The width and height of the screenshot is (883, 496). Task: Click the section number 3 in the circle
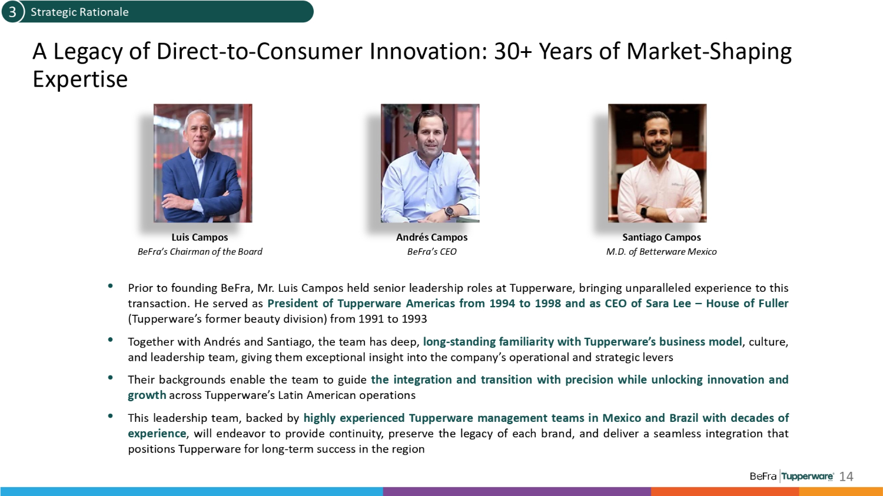(x=12, y=12)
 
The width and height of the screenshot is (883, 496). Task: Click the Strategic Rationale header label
(x=79, y=12)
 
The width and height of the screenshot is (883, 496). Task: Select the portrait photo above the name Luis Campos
(x=203, y=163)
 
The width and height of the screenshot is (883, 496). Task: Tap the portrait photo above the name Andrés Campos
(x=430, y=163)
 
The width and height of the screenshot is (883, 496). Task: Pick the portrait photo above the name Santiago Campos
(x=657, y=163)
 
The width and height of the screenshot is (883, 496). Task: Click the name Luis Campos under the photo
(x=200, y=237)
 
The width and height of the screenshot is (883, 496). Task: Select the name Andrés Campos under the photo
(x=431, y=237)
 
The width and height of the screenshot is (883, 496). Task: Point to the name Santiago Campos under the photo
(x=662, y=237)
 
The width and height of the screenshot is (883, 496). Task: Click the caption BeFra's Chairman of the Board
(x=200, y=252)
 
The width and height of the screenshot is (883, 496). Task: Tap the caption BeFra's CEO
(x=431, y=252)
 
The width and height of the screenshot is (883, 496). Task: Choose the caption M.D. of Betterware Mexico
(x=662, y=252)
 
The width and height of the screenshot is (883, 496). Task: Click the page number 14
(x=847, y=477)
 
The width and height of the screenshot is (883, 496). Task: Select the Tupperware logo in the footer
(x=807, y=477)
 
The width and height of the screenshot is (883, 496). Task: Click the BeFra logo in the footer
(x=763, y=477)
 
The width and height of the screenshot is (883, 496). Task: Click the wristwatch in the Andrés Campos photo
(x=449, y=212)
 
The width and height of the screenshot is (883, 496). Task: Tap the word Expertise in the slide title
(x=80, y=79)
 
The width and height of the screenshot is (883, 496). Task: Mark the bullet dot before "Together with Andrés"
(x=111, y=339)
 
